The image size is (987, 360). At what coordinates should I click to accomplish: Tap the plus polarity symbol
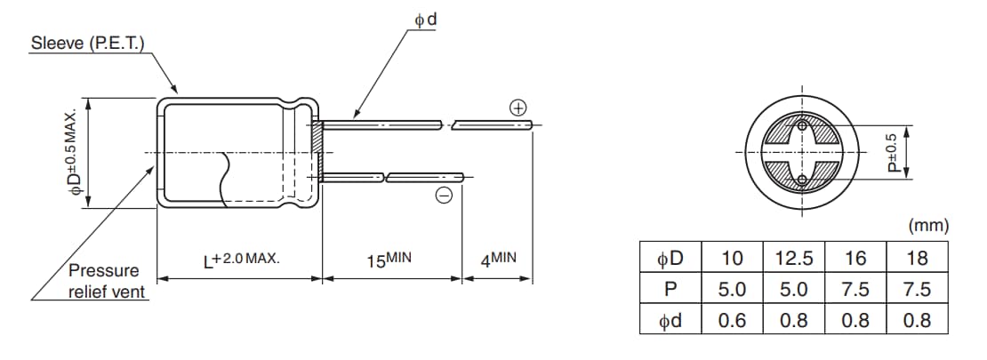(x=518, y=108)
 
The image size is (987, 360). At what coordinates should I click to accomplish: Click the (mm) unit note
(x=928, y=226)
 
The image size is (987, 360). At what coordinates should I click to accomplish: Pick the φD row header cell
(x=670, y=259)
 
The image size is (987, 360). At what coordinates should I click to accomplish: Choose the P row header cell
(x=670, y=290)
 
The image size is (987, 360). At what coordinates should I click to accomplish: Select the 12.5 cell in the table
(x=794, y=259)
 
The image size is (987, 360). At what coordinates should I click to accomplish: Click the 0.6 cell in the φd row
(x=732, y=320)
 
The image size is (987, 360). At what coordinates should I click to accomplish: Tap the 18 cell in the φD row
(x=917, y=259)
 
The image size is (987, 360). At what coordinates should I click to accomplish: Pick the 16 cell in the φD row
(x=855, y=259)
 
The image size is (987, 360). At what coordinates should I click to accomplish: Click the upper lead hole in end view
(x=802, y=127)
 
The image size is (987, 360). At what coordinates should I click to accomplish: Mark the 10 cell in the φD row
(x=732, y=259)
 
